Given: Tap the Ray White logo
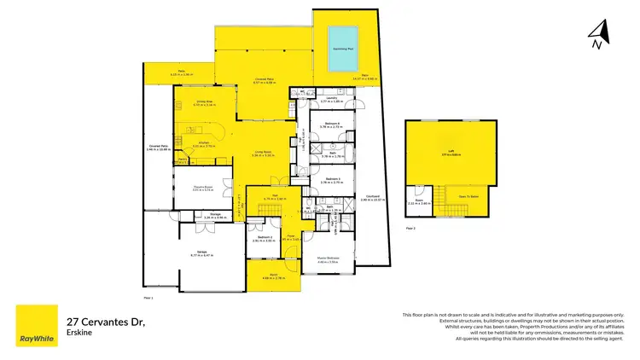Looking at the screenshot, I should tap(37, 326).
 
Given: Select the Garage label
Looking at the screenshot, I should tap(202, 253).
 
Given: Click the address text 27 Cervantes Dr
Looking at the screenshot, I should tap(106, 322).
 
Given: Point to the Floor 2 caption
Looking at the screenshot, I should tap(410, 229).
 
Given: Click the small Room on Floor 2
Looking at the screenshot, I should tap(420, 202).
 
